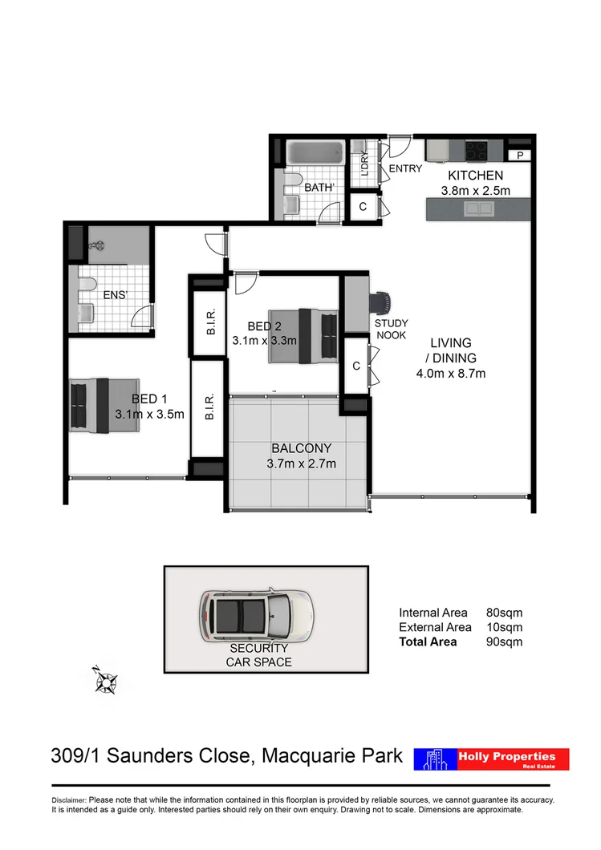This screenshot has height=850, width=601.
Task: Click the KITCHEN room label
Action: pyautogui.click(x=475, y=176)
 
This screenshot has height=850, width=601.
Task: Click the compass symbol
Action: pyautogui.click(x=106, y=681)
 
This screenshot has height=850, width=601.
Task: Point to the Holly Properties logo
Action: pyautogui.click(x=491, y=759)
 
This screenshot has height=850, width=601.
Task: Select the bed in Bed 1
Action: pyautogui.click(x=90, y=404)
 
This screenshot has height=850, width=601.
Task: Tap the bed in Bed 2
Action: pyautogui.click(x=303, y=334)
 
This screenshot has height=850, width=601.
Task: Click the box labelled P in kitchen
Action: pyautogui.click(x=519, y=156)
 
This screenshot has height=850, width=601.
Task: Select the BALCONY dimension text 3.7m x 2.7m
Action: pyautogui.click(x=301, y=463)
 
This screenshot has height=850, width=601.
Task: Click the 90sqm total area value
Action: pyautogui.click(x=504, y=642)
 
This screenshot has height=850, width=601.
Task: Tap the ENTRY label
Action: pyautogui.click(x=405, y=168)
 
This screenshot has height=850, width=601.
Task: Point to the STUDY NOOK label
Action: pyautogui.click(x=391, y=330)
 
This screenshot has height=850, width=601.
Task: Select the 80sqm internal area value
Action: pyautogui.click(x=504, y=613)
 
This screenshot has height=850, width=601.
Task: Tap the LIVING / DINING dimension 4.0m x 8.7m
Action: pyautogui.click(x=451, y=373)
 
